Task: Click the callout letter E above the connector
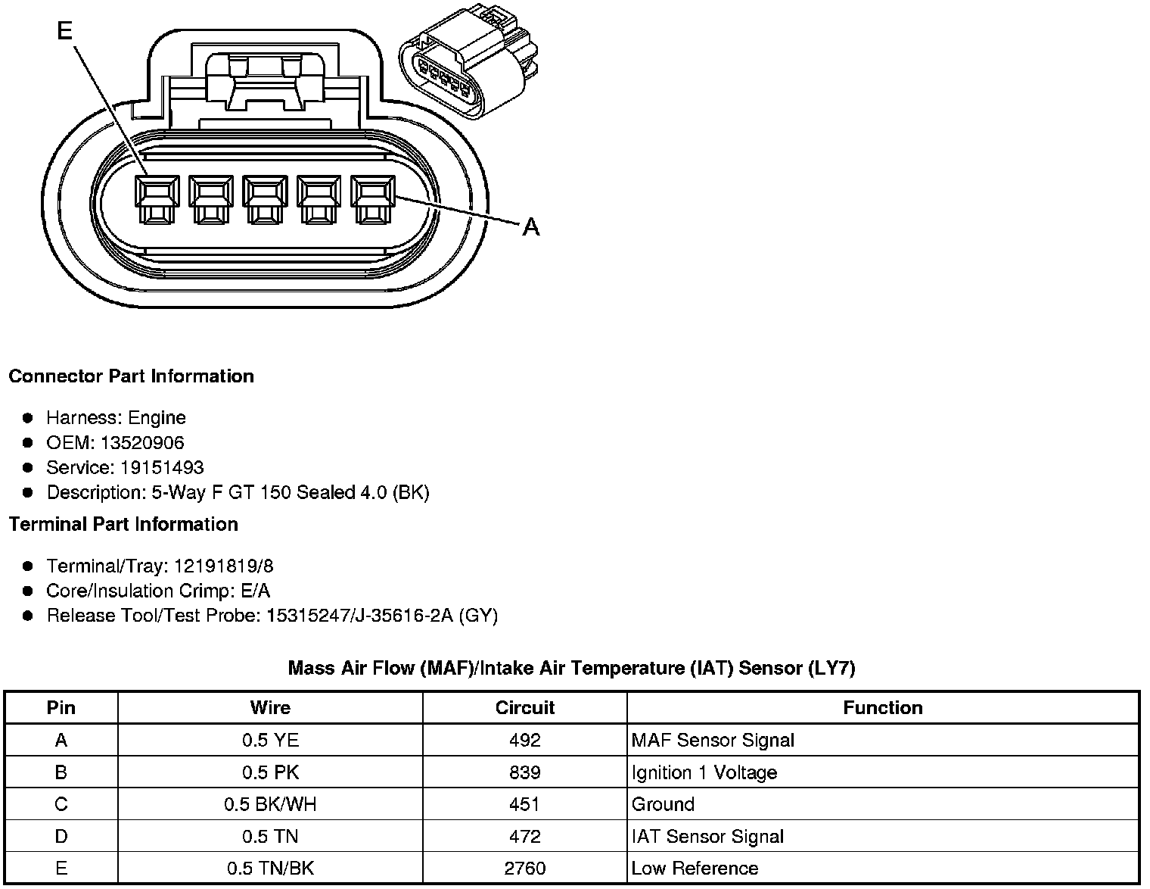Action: [x=64, y=30]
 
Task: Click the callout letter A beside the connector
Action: [x=531, y=226]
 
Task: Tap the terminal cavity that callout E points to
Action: [x=157, y=199]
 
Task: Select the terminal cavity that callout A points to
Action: [x=373, y=199]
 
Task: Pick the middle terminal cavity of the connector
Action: [x=265, y=199]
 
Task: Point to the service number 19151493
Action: [x=162, y=468]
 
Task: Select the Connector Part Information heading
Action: [x=132, y=376]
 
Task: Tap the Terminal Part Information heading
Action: [x=123, y=524]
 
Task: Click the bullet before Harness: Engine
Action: [x=28, y=418]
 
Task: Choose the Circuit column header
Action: [x=524, y=708]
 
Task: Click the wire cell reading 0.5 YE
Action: [x=270, y=741]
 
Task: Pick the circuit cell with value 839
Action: [x=524, y=772]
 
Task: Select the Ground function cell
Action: [x=663, y=804]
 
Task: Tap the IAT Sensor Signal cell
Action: [x=707, y=837]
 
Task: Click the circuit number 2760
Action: [x=524, y=869]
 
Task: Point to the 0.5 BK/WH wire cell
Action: [x=270, y=804]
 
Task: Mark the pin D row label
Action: [x=61, y=837]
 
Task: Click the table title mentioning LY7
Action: [x=571, y=668]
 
